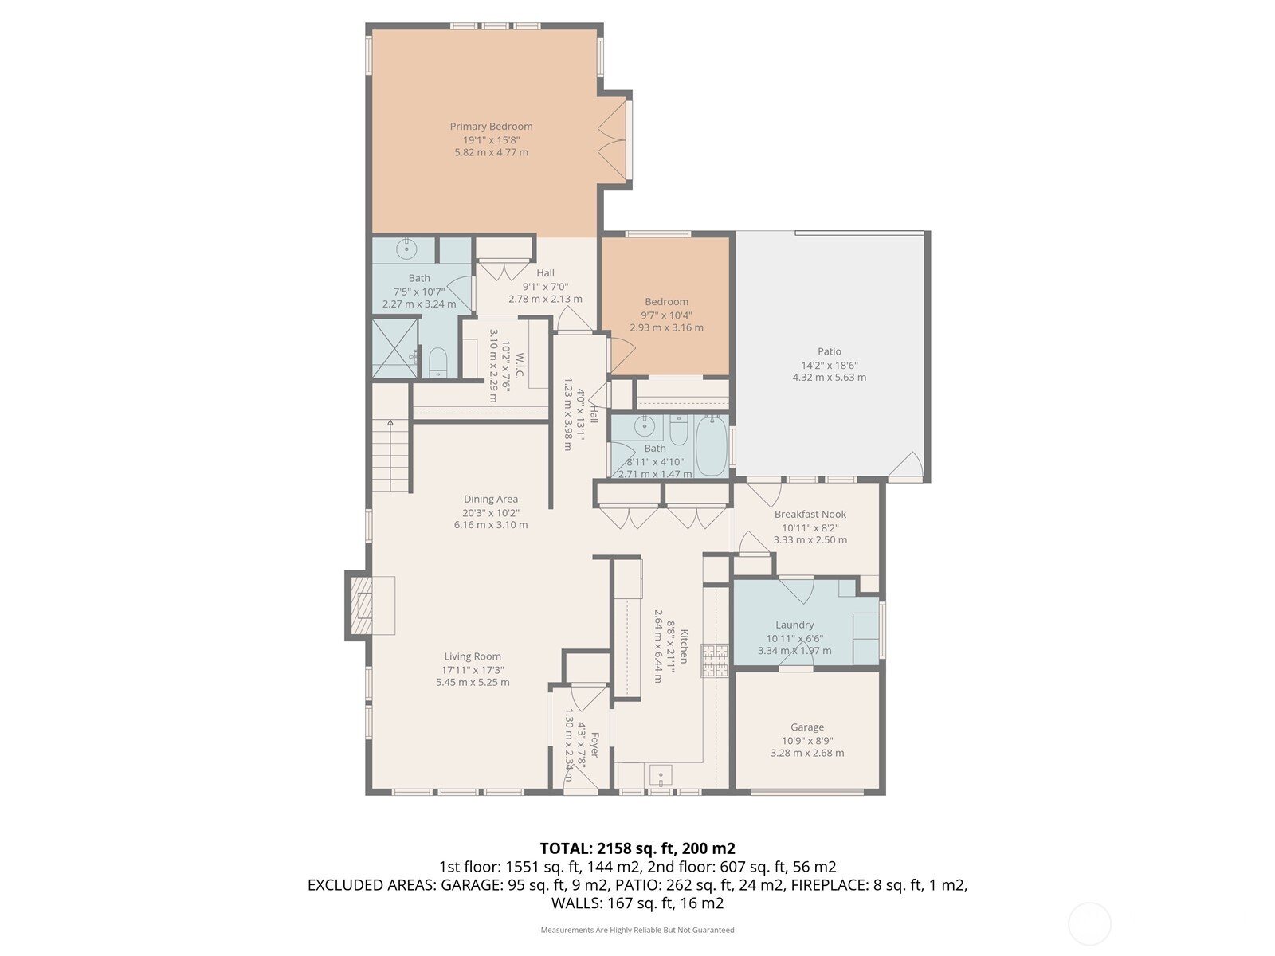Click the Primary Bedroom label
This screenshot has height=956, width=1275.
tap(491, 127)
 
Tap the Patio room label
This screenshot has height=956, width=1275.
tap(829, 351)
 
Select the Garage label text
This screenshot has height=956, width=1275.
tap(807, 727)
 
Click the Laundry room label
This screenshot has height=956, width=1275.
tap(794, 625)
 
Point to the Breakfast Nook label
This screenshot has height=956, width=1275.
tap(810, 515)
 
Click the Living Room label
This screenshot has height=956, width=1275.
tap(473, 657)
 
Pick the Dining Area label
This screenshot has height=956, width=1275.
tap(491, 500)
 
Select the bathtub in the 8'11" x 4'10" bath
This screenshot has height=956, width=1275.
tap(712, 446)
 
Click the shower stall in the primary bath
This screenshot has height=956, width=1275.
tap(395, 347)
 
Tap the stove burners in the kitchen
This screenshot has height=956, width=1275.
tap(715, 660)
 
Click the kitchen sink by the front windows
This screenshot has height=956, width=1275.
tap(661, 774)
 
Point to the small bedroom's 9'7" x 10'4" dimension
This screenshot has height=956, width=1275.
tap(666, 315)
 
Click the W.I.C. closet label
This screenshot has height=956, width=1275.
tap(519, 366)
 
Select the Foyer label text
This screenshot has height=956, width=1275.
tap(593, 749)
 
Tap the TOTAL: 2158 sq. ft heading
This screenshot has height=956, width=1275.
tap(637, 848)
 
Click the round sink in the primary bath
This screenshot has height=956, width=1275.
tap(407, 249)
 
